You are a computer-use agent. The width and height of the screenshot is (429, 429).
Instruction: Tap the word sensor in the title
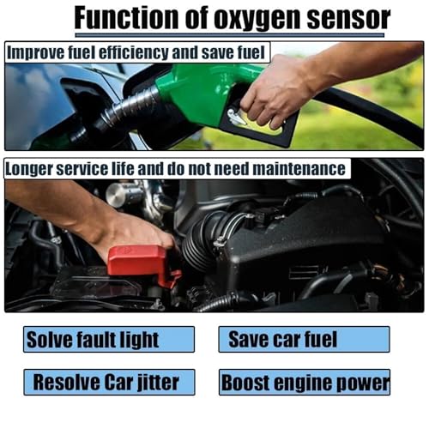point(348,18)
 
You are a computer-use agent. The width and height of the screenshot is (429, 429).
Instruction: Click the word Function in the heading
point(126,17)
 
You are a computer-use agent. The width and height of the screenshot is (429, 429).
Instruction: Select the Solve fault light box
point(109,339)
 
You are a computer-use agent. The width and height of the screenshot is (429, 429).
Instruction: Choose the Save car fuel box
point(304,339)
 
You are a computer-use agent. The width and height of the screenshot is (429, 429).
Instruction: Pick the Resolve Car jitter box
point(109,382)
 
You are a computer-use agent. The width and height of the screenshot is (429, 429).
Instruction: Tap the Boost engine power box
point(305,382)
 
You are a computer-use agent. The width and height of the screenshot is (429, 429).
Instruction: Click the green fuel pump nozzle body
point(200,92)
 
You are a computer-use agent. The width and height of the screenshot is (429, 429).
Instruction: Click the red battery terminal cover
point(140,263)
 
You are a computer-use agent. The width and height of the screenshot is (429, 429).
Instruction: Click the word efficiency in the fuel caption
point(134,53)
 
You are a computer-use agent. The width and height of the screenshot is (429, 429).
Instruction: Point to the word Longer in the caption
point(28,169)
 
